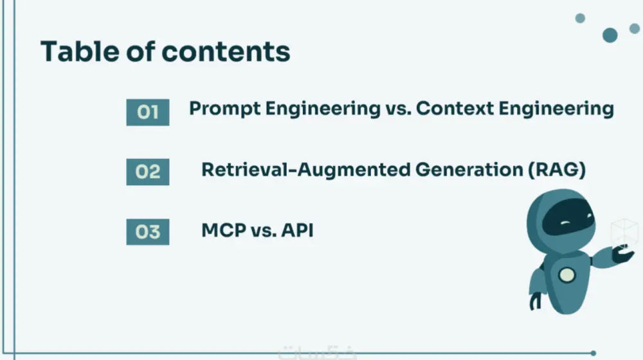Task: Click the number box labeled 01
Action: [147, 113]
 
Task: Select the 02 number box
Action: [147, 172]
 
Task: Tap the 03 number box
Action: [147, 231]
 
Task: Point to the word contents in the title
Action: [232, 51]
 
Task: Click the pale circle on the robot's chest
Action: [566, 275]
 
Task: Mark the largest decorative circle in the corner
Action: [610, 35]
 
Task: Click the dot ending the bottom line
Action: [593, 353]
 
